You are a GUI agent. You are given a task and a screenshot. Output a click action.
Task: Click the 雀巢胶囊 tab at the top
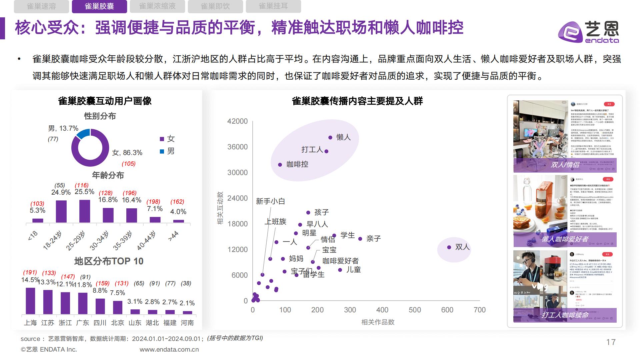tap(99, 6)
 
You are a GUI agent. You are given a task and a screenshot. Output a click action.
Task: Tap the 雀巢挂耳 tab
tap(273, 6)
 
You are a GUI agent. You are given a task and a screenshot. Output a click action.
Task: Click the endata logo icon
tap(570, 32)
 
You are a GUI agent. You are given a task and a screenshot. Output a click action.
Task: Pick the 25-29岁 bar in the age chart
tap(85, 211)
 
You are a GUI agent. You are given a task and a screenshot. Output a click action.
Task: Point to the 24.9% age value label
tap(61, 192)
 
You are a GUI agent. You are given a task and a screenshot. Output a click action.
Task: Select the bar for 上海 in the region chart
tap(30, 301)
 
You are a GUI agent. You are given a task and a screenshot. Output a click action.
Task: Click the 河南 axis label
tap(187, 323)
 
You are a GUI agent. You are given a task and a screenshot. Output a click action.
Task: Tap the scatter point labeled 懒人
tap(330, 137)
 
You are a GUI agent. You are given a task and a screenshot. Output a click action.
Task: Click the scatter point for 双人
tap(449, 247)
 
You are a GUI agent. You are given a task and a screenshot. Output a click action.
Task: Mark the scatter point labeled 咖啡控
tap(280, 165)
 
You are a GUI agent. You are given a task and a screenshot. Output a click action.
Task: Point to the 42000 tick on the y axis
tap(237, 121)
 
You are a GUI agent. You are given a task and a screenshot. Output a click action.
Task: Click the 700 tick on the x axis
tap(479, 310)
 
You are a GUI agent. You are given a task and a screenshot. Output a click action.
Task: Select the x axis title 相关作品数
tap(378, 322)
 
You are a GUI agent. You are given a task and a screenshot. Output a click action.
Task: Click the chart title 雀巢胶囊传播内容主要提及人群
tap(357, 101)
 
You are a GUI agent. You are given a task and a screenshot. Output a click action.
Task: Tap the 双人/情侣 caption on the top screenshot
tap(565, 165)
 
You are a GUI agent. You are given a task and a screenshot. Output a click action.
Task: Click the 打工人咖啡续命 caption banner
tap(565, 315)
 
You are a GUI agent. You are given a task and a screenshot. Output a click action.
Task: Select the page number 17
tap(611, 342)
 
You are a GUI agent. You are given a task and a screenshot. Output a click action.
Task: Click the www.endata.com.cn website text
tap(169, 349)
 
